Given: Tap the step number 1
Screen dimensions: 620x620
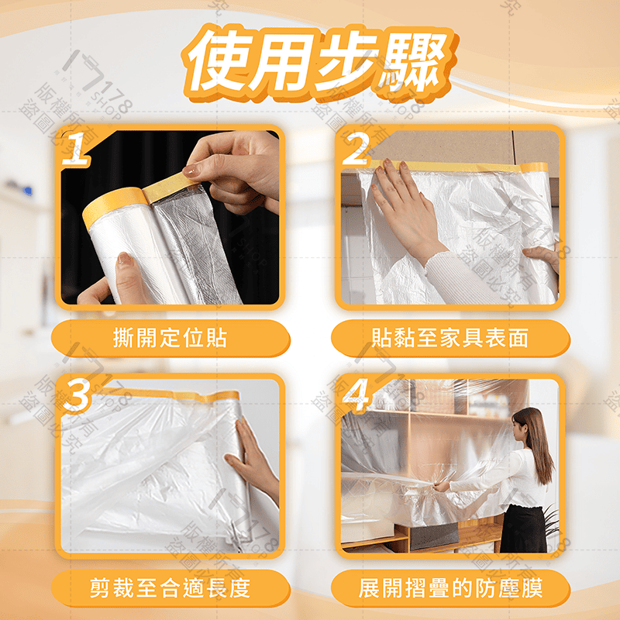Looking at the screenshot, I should (x=79, y=149).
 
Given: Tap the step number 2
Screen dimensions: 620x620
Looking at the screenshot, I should (x=356, y=149).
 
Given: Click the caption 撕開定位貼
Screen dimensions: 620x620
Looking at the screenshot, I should (x=170, y=338).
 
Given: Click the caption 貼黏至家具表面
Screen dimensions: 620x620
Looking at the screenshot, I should (x=450, y=338).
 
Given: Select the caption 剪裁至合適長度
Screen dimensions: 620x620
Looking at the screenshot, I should (x=170, y=587).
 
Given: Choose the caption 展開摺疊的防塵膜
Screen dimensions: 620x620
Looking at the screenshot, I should (x=450, y=587).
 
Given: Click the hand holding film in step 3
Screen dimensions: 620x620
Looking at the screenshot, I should (x=252, y=457).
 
